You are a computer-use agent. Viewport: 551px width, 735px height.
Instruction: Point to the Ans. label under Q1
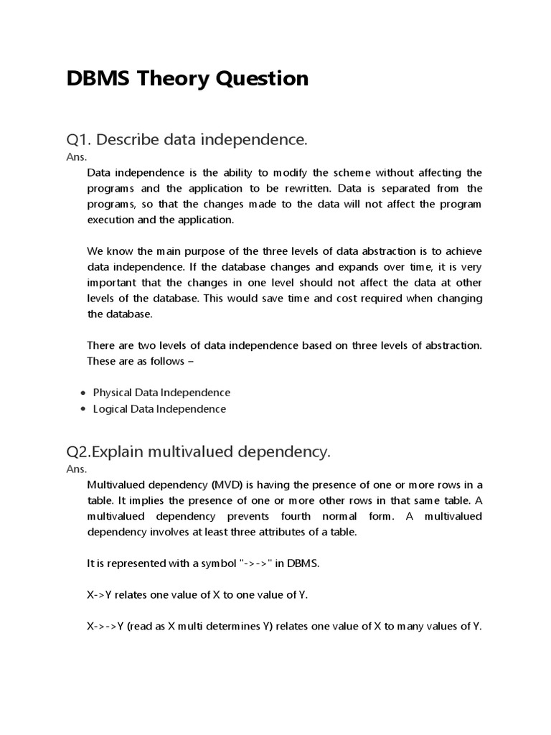75,156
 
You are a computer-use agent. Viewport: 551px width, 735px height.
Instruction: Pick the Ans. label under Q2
75,469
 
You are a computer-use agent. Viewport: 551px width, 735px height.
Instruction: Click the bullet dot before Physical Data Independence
84,393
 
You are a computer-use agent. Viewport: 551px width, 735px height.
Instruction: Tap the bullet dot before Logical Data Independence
84,410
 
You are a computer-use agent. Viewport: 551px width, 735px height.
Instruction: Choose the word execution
110,220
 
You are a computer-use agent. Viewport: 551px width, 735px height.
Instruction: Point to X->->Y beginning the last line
105,627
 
